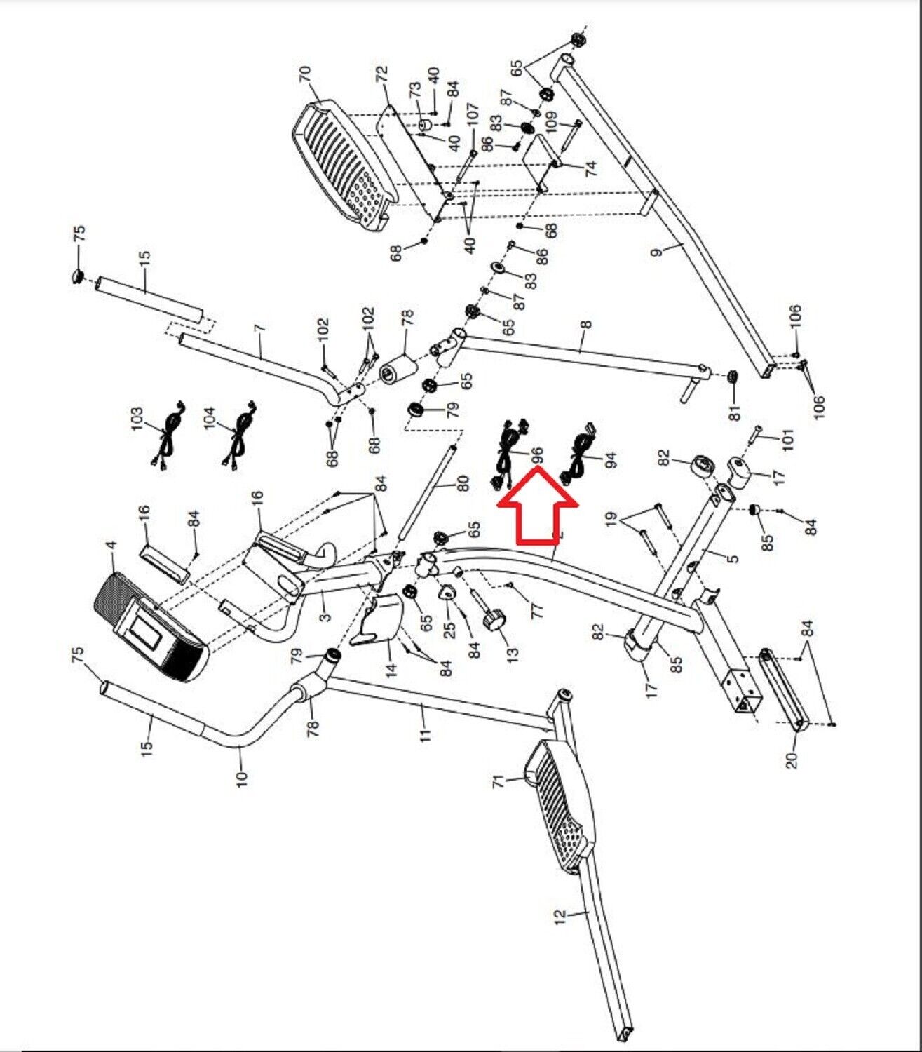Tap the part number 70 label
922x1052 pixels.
(x=306, y=76)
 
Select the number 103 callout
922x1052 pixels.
(x=137, y=419)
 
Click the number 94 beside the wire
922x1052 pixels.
(x=611, y=461)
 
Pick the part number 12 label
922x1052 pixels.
(x=559, y=917)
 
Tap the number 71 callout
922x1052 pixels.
(x=499, y=781)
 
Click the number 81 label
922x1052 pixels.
(x=735, y=412)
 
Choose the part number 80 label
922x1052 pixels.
(x=463, y=484)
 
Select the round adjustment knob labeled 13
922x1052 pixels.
(x=493, y=619)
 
